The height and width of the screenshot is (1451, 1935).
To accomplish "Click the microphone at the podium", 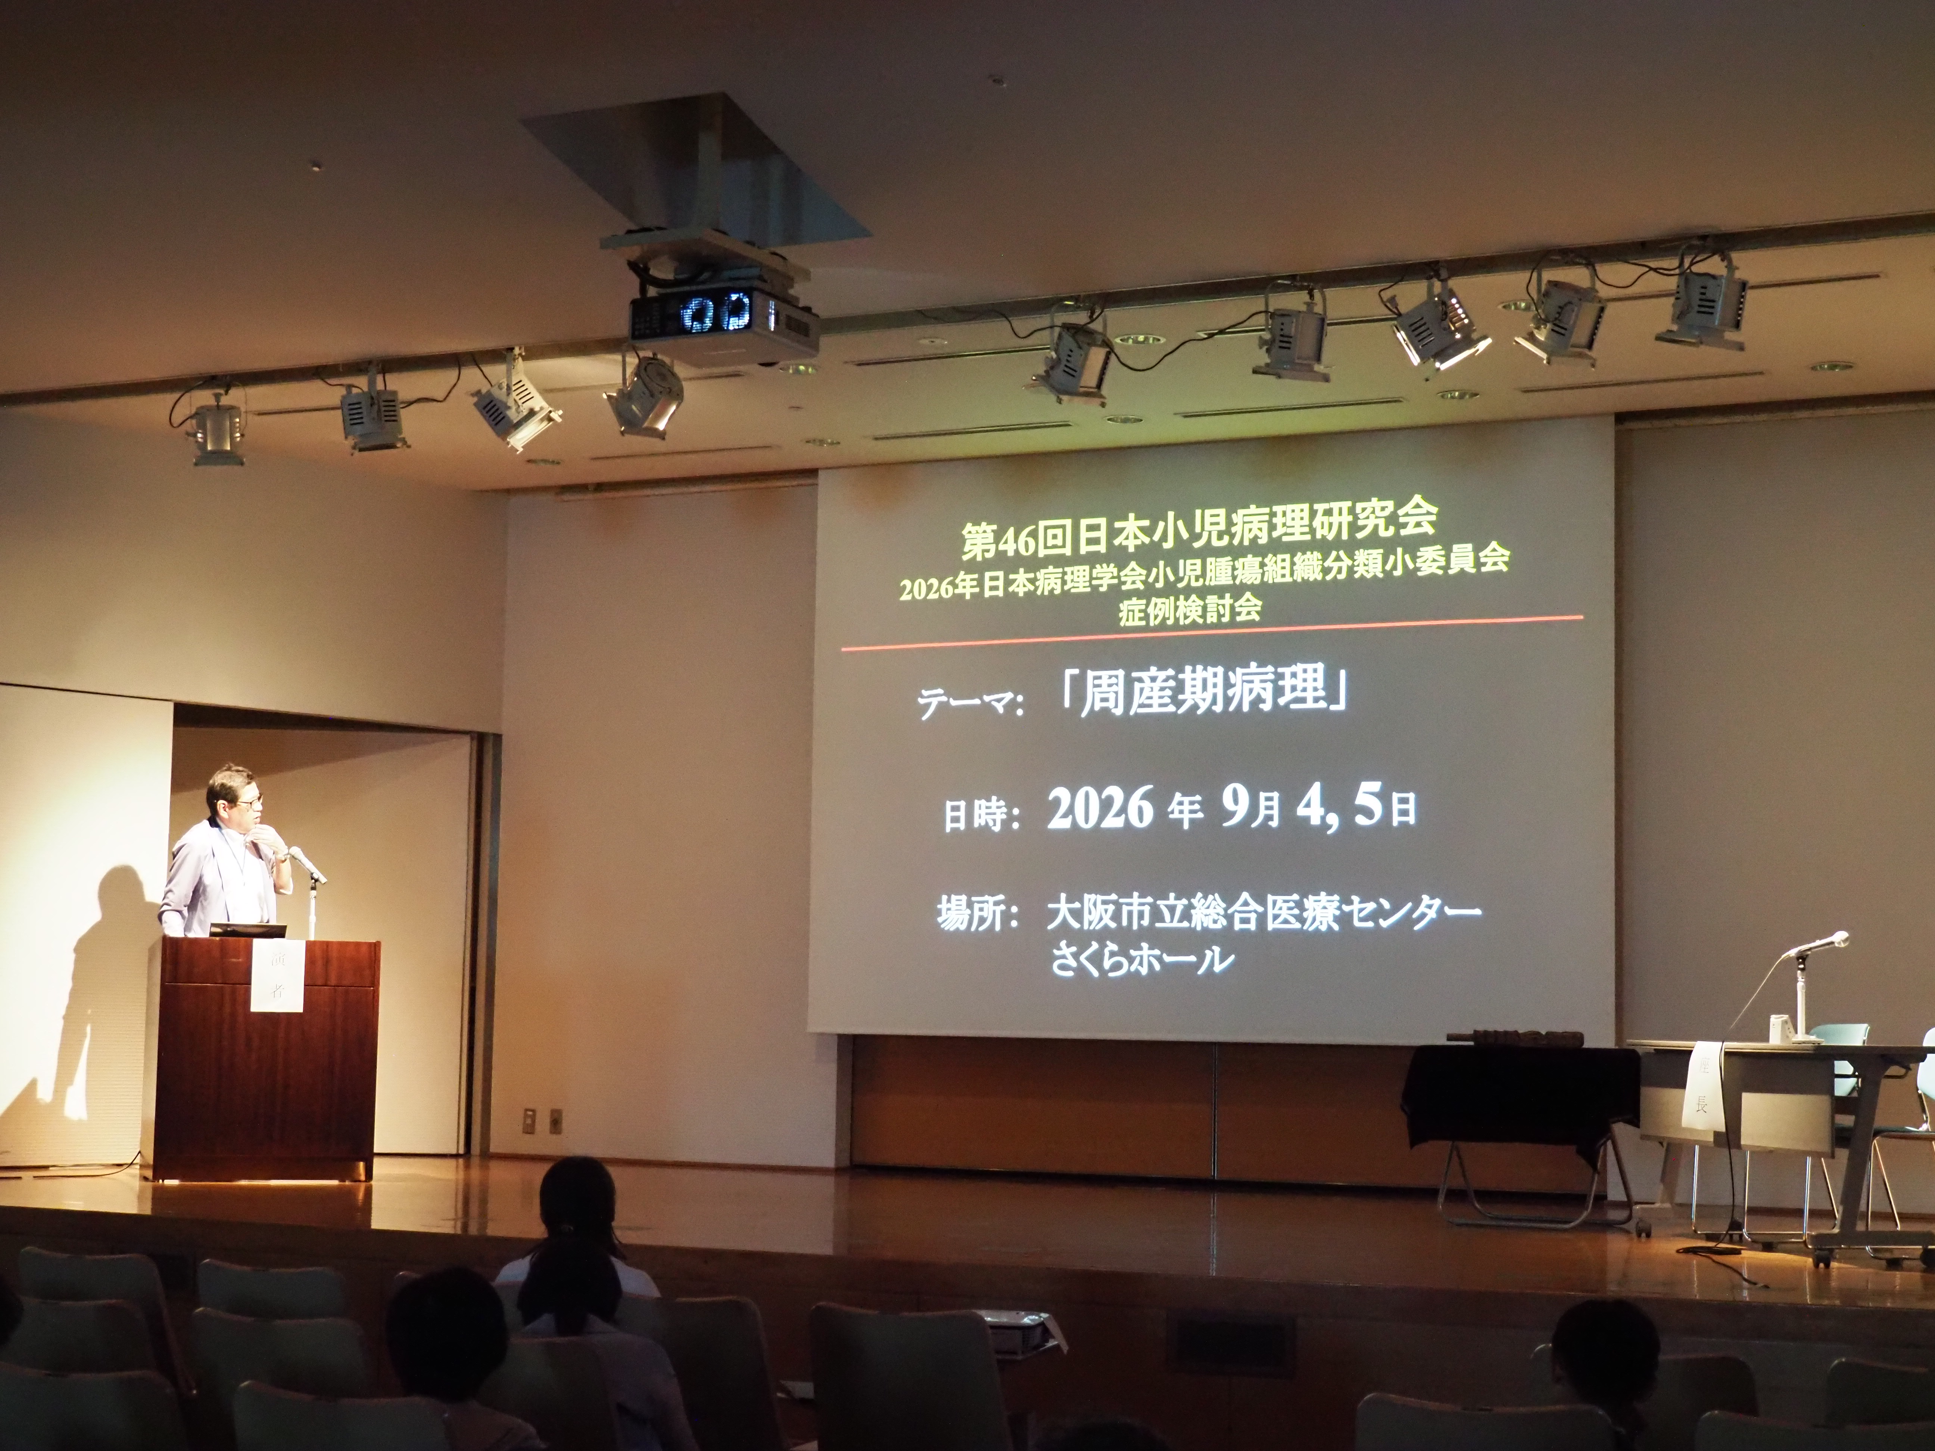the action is [x=306, y=864].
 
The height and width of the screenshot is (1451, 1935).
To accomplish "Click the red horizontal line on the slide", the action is [x=1212, y=633].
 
